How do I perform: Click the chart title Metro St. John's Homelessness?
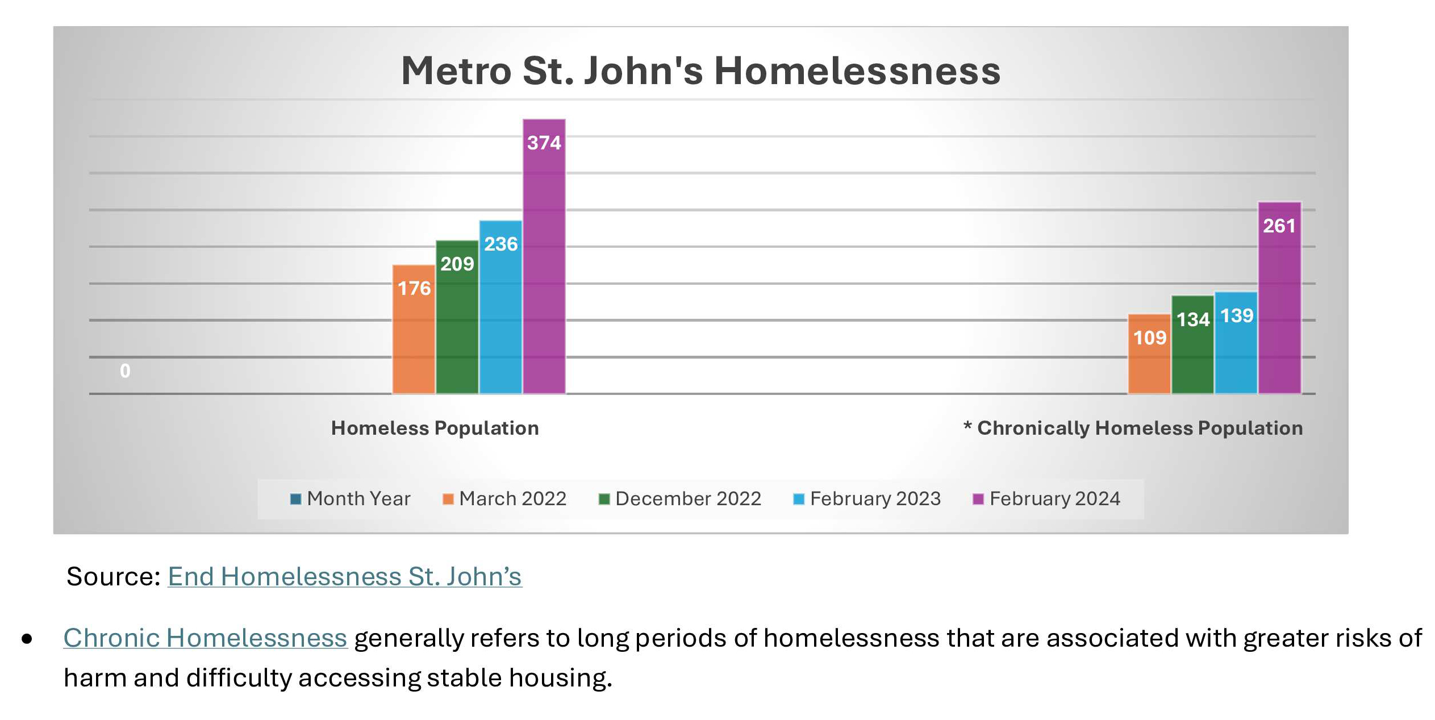click(700, 71)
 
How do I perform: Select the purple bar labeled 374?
click(544, 256)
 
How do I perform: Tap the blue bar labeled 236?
click(500, 307)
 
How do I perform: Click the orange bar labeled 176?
click(414, 329)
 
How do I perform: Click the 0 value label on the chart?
click(125, 371)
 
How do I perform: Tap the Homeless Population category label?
click(435, 428)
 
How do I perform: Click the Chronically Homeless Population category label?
click(1133, 428)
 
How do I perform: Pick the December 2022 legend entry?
click(680, 499)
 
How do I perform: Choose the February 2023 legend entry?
click(867, 499)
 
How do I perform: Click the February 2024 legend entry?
click(1047, 499)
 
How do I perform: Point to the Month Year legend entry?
click(351, 499)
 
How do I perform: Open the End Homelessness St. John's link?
click(344, 577)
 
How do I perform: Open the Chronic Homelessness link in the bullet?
click(205, 638)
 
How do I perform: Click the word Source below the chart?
click(113, 577)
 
